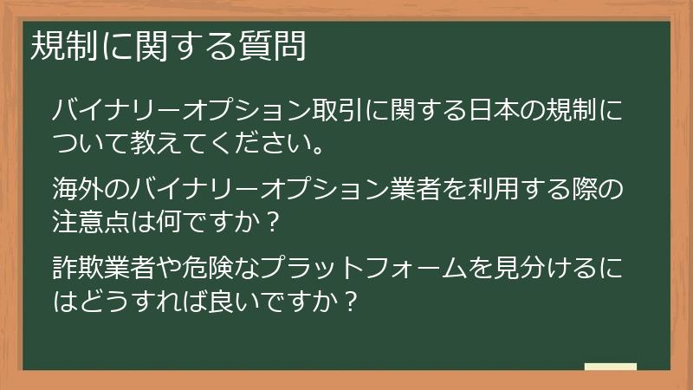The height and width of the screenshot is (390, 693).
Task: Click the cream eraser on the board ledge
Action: [x=610, y=367]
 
